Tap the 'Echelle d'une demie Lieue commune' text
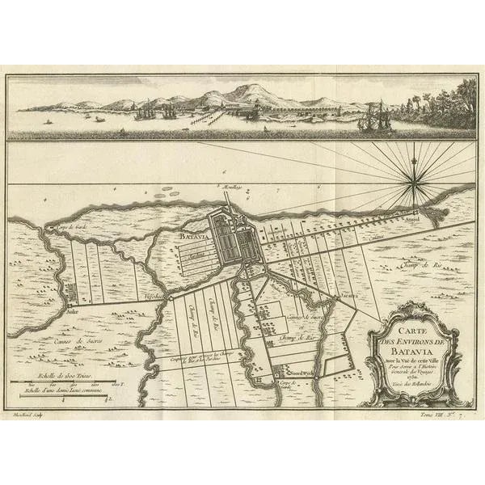point(74,391)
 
